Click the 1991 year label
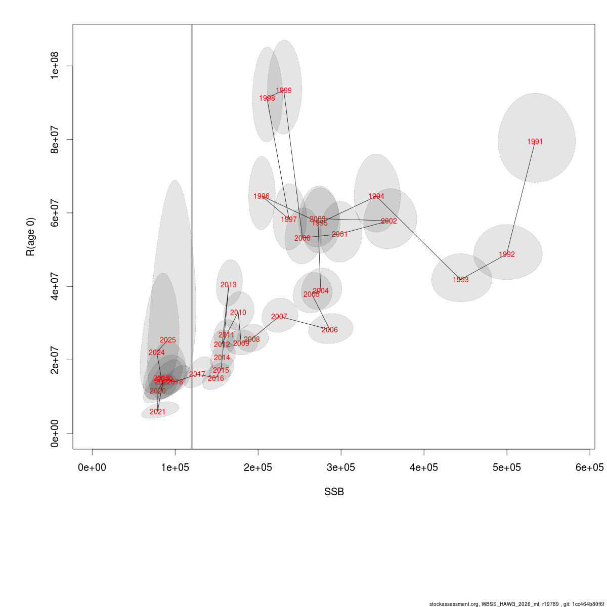click(535, 142)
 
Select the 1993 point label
click(461, 280)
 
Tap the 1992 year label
click(506, 254)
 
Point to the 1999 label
click(284, 91)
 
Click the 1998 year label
click(267, 98)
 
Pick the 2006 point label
click(329, 330)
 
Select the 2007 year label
click(279, 317)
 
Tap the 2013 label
click(229, 285)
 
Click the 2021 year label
click(157, 412)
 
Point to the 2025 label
click(168, 340)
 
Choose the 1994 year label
click(376, 196)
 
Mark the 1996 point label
click(262, 196)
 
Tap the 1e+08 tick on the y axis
click(55, 66)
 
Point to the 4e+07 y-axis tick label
click(55, 286)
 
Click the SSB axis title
click(334, 492)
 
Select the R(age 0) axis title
click(31, 237)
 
